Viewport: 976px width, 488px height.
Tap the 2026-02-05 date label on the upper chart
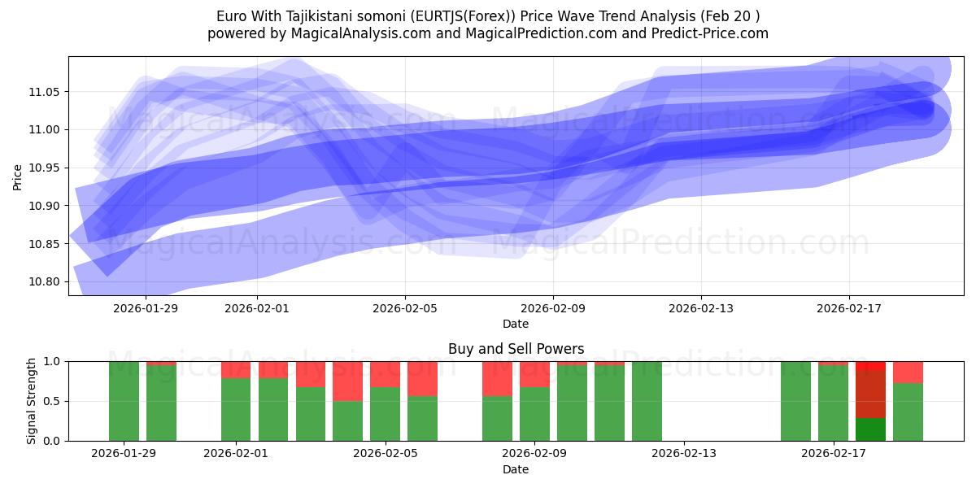click(x=405, y=308)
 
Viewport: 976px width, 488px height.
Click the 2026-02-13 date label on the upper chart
click(x=701, y=308)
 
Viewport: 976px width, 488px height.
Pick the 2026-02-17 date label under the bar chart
click(x=834, y=454)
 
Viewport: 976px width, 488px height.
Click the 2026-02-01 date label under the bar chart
click(x=236, y=454)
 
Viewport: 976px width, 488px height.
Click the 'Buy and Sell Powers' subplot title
click(x=516, y=349)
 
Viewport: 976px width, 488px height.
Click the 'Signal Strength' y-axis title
click(x=31, y=401)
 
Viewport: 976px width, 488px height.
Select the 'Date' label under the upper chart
click(x=516, y=324)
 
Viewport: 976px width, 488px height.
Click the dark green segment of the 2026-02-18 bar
click(x=870, y=429)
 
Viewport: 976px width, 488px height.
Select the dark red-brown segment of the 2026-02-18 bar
click(x=870, y=394)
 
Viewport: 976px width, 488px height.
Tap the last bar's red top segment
click(x=908, y=372)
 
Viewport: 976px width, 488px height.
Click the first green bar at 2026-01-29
click(x=124, y=401)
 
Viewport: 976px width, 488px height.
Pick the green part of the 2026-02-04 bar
click(x=347, y=420)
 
